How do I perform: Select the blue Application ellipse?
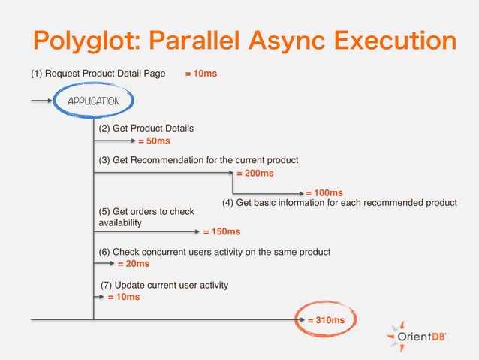tap(94, 101)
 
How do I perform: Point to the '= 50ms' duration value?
tap(154, 141)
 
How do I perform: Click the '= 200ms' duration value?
tap(255, 173)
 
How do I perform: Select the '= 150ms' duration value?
tap(221, 231)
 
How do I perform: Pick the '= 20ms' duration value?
tap(134, 264)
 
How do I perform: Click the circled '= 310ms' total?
tap(326, 320)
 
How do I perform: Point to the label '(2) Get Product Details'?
tap(146, 129)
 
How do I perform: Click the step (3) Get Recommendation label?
tap(198, 160)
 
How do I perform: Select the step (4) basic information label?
tap(340, 203)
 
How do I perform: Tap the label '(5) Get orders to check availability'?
tap(146, 217)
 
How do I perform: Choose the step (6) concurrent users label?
tap(215, 251)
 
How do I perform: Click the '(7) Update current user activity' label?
tap(164, 285)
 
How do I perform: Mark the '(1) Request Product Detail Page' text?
tap(98, 74)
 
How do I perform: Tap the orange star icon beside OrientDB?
tap(395, 336)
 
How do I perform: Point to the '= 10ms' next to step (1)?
tap(200, 74)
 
